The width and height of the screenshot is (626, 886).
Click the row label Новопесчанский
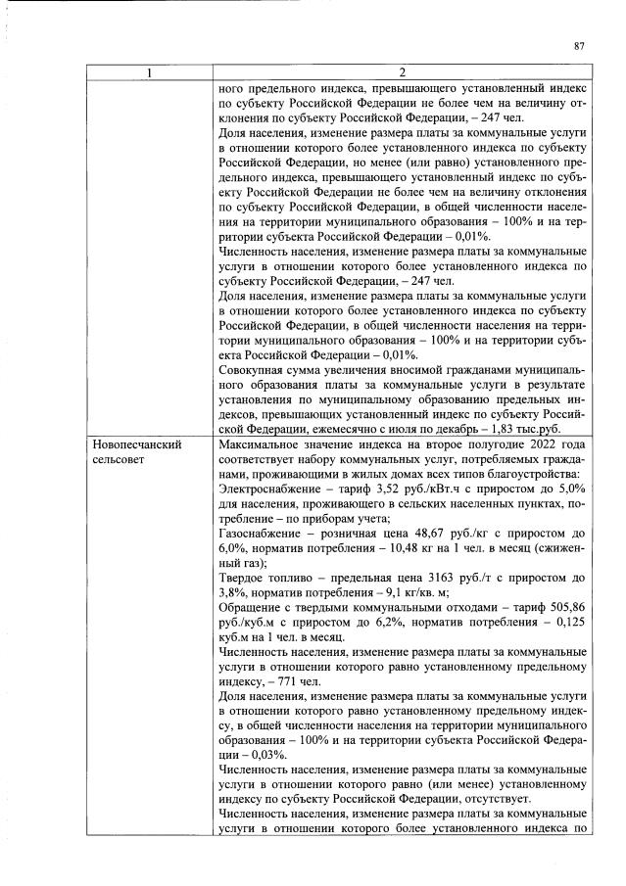136,444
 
